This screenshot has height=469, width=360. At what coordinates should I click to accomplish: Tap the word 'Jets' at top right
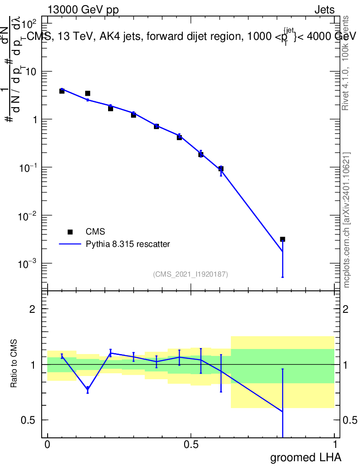[324, 10]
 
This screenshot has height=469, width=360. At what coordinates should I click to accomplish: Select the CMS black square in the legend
[70, 232]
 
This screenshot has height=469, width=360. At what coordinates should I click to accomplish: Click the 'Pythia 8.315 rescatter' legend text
[128, 244]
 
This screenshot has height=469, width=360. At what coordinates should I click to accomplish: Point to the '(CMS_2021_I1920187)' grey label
[191, 274]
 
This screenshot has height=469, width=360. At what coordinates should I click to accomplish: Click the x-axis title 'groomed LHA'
[305, 457]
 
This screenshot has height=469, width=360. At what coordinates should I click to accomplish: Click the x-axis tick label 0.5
[191, 445]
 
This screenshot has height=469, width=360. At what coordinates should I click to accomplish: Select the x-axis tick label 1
[335, 445]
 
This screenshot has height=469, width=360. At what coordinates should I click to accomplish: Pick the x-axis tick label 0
[47, 445]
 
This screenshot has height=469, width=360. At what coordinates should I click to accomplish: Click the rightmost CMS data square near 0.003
[283, 239]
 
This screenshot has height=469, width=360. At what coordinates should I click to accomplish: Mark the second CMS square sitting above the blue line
[87, 93]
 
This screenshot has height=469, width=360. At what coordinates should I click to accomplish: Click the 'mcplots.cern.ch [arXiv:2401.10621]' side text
[347, 220]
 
